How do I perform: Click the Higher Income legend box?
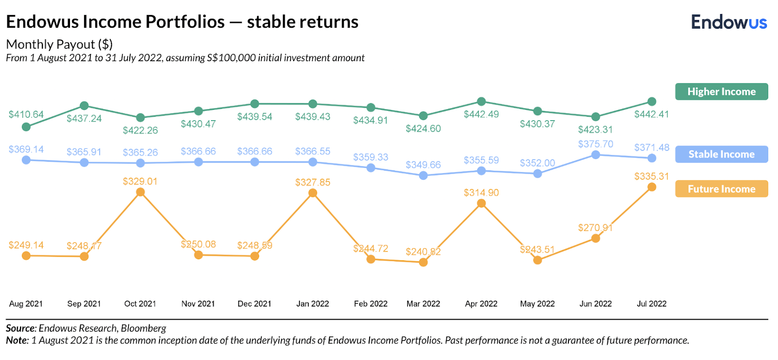coord(721,91)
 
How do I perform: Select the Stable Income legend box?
coord(721,154)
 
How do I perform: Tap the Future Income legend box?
coord(721,189)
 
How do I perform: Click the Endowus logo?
coord(729,22)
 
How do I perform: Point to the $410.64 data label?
coord(26,114)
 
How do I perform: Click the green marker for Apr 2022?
coord(481,102)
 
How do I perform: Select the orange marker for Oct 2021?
coord(141,192)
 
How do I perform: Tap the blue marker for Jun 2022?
coord(596,155)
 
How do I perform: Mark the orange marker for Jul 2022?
coord(652,187)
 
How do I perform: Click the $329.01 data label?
coord(140,181)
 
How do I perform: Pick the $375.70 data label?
coord(596,144)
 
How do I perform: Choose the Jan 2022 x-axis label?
coord(313,304)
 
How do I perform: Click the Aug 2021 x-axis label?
coord(26,304)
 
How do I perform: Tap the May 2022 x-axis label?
coord(537,304)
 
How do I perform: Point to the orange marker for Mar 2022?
coord(424,262)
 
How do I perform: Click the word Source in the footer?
coord(20,328)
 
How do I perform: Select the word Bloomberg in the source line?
coord(143,328)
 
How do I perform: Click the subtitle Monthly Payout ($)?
coord(59,44)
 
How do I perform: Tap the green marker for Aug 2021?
coord(26,127)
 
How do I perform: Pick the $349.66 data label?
coord(424,165)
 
